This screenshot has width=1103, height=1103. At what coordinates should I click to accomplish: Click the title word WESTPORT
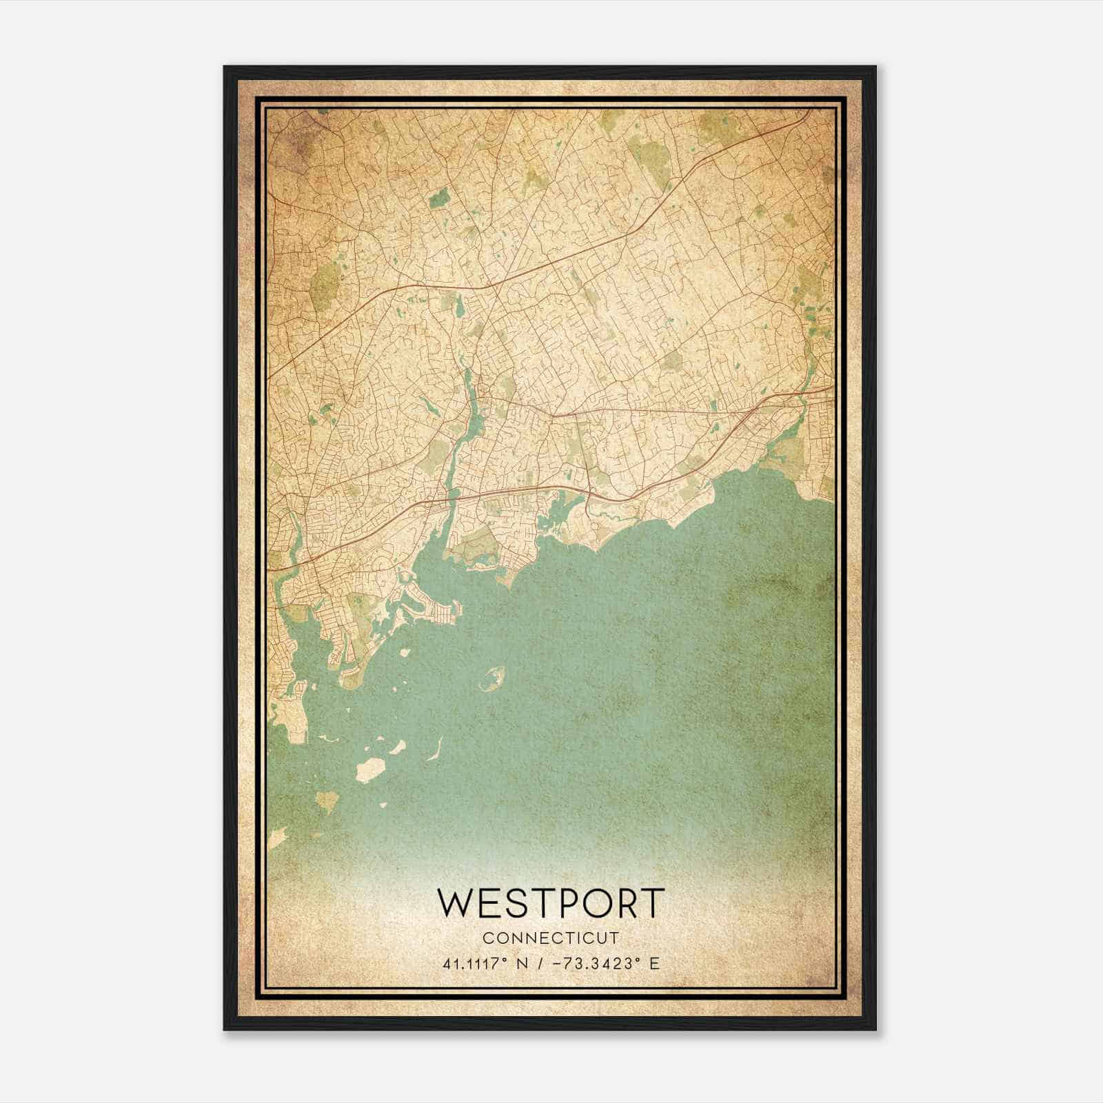(551, 902)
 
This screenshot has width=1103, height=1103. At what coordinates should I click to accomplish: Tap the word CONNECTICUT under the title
(551, 938)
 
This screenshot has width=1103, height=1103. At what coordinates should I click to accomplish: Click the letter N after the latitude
(530, 963)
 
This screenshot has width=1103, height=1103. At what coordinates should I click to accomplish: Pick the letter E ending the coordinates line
(654, 963)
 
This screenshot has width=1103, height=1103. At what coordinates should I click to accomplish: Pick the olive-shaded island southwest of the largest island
(327, 800)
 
